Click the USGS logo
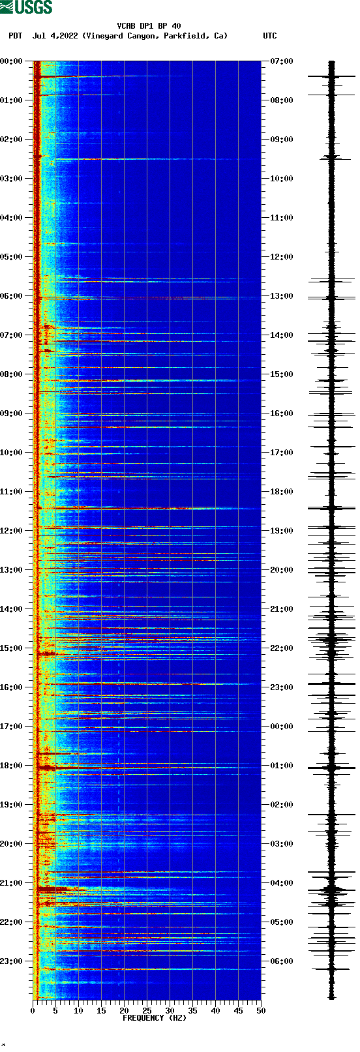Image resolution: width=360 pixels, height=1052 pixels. coord(26,7)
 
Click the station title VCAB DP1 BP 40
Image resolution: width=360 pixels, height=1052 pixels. coord(149,26)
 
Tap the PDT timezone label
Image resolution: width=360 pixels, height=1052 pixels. coord(15,36)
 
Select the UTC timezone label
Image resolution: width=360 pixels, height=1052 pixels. coord(269,36)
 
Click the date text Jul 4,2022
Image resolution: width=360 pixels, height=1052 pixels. coord(55,36)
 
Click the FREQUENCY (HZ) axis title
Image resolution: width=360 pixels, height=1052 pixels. coord(155,1018)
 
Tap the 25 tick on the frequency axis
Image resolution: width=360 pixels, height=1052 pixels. coord(147,1011)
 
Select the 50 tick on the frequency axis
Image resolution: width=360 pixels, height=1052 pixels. coord(261,1011)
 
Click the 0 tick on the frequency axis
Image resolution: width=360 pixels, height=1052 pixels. coord(33,1011)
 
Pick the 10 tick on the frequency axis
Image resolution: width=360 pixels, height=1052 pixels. coord(78,1011)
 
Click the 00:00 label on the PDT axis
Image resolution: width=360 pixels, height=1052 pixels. coord(12,61)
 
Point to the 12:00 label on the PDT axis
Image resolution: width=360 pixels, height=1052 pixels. coord(12,531)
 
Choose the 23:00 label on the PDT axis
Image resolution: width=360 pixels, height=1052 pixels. coord(12,961)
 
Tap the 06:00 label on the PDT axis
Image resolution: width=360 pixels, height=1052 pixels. coord(12,296)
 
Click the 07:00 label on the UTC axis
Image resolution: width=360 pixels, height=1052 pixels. coord(281,61)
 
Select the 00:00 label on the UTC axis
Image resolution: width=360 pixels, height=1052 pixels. coord(281,727)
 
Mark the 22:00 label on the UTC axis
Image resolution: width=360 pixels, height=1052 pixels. coord(281,648)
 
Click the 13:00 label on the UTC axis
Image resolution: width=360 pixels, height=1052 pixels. coord(281,296)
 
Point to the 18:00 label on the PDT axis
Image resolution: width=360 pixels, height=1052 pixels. coord(12,766)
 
